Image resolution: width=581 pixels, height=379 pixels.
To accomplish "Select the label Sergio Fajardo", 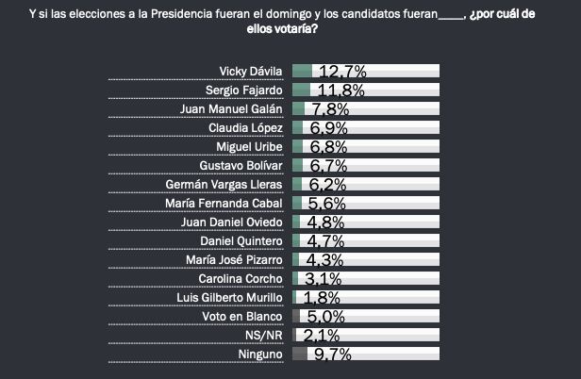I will pyautogui.click(x=245, y=91).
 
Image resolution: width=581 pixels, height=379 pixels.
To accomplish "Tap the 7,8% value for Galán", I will pyautogui.click(x=329, y=109).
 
